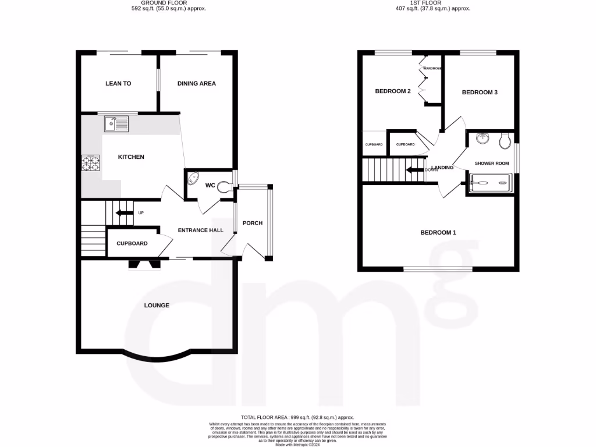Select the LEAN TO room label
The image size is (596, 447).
(x=118, y=84)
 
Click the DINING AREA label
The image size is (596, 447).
(x=197, y=84)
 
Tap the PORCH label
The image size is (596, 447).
(x=253, y=223)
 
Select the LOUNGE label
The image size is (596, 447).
(x=157, y=306)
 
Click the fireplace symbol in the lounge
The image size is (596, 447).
(x=144, y=265)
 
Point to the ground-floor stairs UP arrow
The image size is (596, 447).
(x=125, y=213)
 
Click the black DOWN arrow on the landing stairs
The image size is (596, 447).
(x=416, y=170)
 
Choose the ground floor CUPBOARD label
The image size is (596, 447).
(x=132, y=244)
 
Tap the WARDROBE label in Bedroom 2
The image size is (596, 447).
(x=432, y=69)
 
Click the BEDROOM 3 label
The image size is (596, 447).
(x=480, y=93)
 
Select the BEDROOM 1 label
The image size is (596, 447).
(x=438, y=233)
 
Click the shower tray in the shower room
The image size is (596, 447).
(x=491, y=182)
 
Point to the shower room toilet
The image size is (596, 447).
(x=505, y=140)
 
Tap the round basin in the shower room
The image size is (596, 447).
(x=482, y=139)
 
